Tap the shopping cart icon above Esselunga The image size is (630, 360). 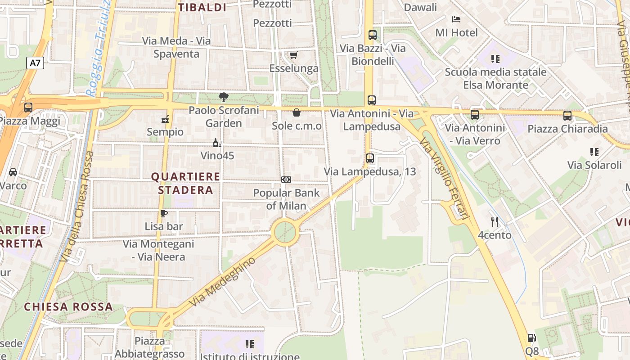pyautogui.click(x=293, y=55)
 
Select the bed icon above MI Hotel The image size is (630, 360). pyautogui.click(x=456, y=19)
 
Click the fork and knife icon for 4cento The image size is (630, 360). pyautogui.click(x=495, y=221)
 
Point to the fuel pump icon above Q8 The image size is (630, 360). pyautogui.click(x=531, y=338)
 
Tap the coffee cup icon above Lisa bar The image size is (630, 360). pyautogui.click(x=163, y=213)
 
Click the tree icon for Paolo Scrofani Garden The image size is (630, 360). pyautogui.click(x=223, y=97)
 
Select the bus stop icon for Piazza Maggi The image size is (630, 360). pyautogui.click(x=28, y=108)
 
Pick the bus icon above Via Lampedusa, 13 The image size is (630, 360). pyautogui.click(x=370, y=158)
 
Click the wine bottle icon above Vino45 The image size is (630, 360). pyautogui.click(x=217, y=143)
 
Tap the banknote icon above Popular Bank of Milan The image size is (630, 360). pyautogui.click(x=286, y=180)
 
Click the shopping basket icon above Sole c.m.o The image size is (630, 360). pyautogui.click(x=297, y=112)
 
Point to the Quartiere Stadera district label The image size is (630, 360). pyautogui.click(x=185, y=183)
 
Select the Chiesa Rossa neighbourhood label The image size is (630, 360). pyautogui.click(x=68, y=307)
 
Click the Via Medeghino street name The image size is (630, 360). pyautogui.click(x=223, y=282)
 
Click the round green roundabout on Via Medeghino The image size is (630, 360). pyautogui.click(x=285, y=232)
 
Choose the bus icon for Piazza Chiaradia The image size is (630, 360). pyautogui.click(x=567, y=116)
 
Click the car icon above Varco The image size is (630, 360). pyautogui.click(x=13, y=172)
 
